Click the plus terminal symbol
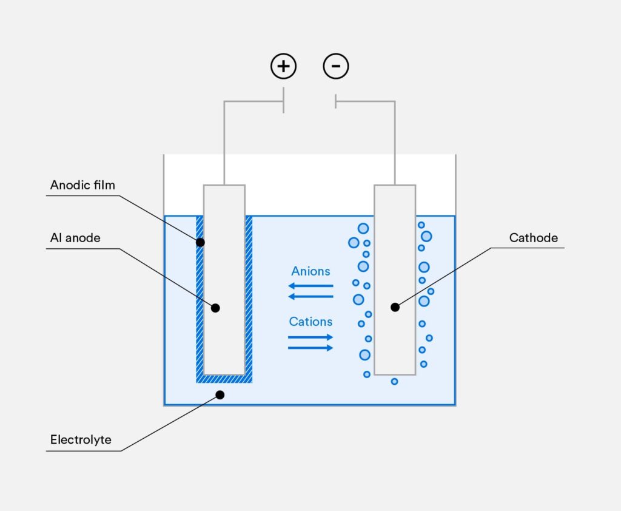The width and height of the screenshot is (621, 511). (x=283, y=66)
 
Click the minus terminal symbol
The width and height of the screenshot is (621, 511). (x=336, y=66)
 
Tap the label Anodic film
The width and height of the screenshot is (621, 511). (x=82, y=184)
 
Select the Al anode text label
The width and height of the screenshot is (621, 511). (x=75, y=238)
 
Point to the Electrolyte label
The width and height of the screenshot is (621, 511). (x=81, y=439)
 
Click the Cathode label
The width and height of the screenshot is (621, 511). (x=533, y=238)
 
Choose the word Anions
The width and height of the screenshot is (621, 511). (x=310, y=271)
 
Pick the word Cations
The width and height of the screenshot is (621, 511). (x=310, y=322)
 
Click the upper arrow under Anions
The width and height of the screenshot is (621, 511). (x=310, y=285)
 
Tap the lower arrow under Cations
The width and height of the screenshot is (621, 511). (x=310, y=348)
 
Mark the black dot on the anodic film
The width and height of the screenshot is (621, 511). (x=200, y=242)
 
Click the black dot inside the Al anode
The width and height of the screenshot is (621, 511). (x=215, y=308)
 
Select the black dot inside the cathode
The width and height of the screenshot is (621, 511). (x=395, y=307)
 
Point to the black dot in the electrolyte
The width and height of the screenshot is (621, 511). (x=220, y=395)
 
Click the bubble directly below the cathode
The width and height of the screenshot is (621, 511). (x=394, y=381)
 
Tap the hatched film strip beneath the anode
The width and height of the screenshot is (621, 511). (x=224, y=379)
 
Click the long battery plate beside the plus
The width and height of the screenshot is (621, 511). (x=283, y=101)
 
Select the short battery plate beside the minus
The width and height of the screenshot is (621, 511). (x=335, y=101)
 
